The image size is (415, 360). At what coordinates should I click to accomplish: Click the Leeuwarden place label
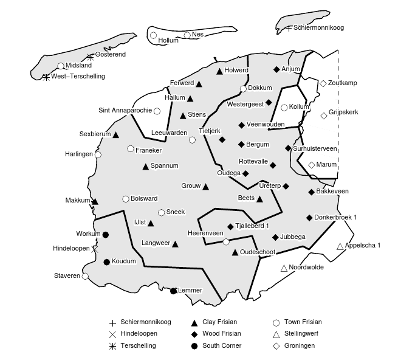(x=169, y=133)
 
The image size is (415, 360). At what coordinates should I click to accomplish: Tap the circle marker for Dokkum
(x=243, y=89)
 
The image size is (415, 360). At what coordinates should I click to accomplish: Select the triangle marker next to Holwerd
(x=219, y=71)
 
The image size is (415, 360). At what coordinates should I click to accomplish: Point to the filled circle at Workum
(x=106, y=234)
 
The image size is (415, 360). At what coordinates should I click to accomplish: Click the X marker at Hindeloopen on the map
(x=95, y=249)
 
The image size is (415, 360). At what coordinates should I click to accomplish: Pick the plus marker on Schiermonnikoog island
(x=289, y=28)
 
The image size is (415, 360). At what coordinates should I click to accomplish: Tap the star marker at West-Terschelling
(x=46, y=77)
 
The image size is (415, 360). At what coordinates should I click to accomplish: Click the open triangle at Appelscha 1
(x=340, y=246)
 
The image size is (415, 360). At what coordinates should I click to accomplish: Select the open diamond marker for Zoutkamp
(x=323, y=83)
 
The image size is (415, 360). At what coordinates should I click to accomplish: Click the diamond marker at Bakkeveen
(x=312, y=192)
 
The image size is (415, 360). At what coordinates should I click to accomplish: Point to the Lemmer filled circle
(x=173, y=291)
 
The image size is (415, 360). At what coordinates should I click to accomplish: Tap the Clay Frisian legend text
(x=219, y=322)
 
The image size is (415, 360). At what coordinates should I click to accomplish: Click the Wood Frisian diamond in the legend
(x=193, y=334)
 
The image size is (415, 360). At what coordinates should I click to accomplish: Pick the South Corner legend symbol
(x=193, y=345)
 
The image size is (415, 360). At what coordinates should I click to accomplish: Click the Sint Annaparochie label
(x=125, y=111)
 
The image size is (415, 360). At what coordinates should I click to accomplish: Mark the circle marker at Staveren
(x=85, y=276)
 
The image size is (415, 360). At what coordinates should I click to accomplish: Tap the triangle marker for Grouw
(x=205, y=187)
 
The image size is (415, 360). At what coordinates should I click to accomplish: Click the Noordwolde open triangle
(x=284, y=268)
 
